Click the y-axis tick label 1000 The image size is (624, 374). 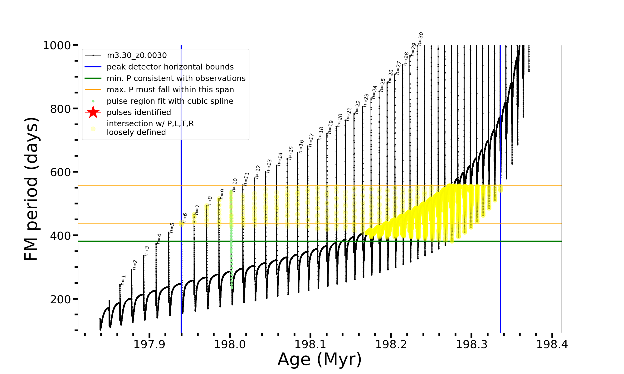(57, 46)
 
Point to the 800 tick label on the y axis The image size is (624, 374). (60, 109)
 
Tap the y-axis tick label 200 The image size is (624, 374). (60, 299)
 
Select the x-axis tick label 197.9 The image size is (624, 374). (149, 344)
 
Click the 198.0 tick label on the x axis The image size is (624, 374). (230, 344)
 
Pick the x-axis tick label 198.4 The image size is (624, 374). (552, 344)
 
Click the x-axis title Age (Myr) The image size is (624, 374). (319, 359)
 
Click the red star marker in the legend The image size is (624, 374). (93, 112)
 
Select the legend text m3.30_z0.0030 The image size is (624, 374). (137, 55)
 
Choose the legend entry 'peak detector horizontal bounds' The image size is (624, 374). (170, 67)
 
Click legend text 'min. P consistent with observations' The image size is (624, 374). (176, 78)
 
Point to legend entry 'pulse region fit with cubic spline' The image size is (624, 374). (170, 101)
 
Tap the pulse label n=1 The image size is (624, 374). (123, 280)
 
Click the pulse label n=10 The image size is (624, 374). (235, 185)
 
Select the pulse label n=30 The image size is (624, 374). (421, 38)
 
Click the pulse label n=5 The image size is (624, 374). (172, 228)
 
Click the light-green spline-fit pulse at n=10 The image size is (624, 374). (231, 237)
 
